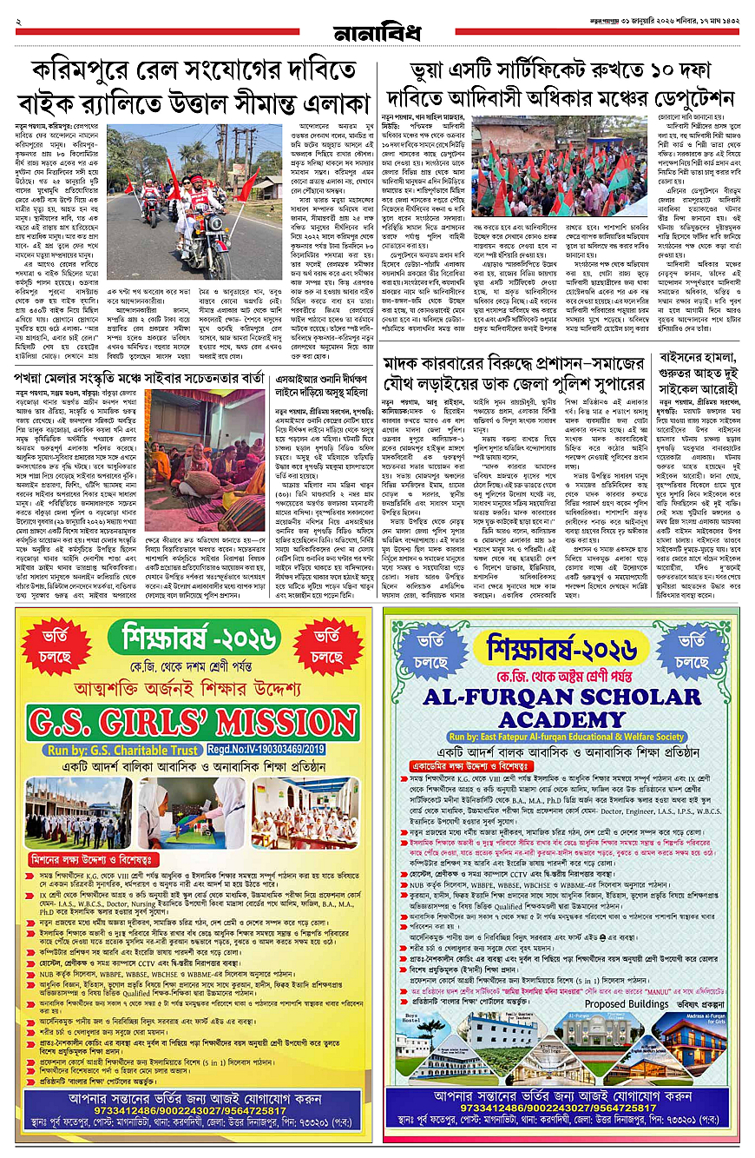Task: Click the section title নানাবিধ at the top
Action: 377,34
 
